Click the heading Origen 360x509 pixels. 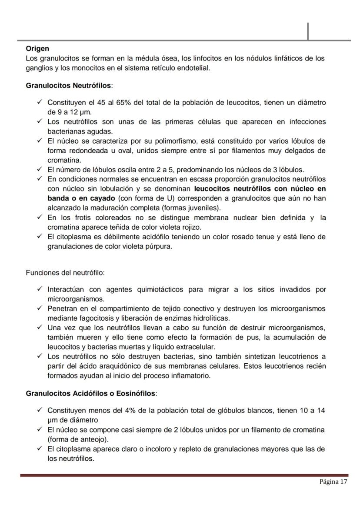tap(37, 49)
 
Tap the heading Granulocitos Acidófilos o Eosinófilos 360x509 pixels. tap(90, 393)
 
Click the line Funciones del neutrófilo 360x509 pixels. tap(65, 273)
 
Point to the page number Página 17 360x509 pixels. tap(333, 482)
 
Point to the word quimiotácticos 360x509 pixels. tap(163, 289)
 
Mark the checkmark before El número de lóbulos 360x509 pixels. tap(39, 170)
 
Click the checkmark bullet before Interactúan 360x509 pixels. tap(39, 289)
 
